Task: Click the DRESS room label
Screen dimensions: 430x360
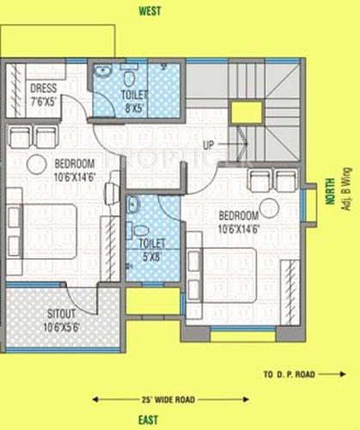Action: coord(43,88)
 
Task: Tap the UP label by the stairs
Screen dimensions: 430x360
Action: coord(208,144)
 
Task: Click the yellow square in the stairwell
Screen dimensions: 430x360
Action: coord(245,112)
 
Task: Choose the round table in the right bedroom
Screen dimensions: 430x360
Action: coord(270,206)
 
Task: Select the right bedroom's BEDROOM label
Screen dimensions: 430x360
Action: coord(238,215)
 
